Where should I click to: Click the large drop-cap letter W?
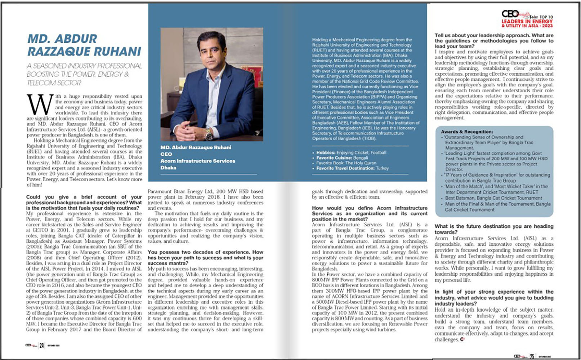point(40,105)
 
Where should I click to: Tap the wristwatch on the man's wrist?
point(209,135)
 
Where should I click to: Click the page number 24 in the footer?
point(42,346)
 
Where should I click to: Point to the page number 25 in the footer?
point(532,356)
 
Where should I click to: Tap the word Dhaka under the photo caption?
point(168,168)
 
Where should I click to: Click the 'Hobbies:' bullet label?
point(326,152)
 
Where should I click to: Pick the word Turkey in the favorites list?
point(382,168)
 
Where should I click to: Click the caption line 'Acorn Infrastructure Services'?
point(198,161)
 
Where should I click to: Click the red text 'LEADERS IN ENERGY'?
point(527,21)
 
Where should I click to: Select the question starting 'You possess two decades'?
point(205,252)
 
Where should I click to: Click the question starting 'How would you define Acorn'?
point(370,208)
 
